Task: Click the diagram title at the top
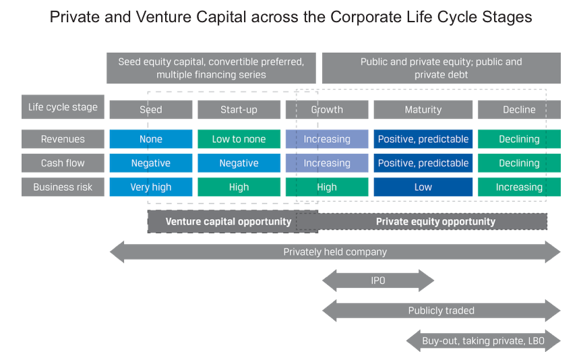[291, 18]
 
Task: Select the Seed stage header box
[151, 109]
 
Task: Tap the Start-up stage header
[239, 109]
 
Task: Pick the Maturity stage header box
[423, 109]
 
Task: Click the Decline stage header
[519, 109]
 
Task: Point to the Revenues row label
[63, 139]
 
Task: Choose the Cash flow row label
[63, 163]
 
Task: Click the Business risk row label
[63, 187]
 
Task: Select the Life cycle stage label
[63, 107]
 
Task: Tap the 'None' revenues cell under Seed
[151, 139]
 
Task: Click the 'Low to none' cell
[239, 139]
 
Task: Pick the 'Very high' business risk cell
[151, 187]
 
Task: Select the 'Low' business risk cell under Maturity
[423, 187]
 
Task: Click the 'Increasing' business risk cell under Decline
[519, 187]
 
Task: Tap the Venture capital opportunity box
[228, 221]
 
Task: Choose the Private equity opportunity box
[435, 221]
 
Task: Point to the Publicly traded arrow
[441, 311]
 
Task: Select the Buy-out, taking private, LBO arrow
[483, 340]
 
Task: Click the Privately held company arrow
[334, 252]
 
